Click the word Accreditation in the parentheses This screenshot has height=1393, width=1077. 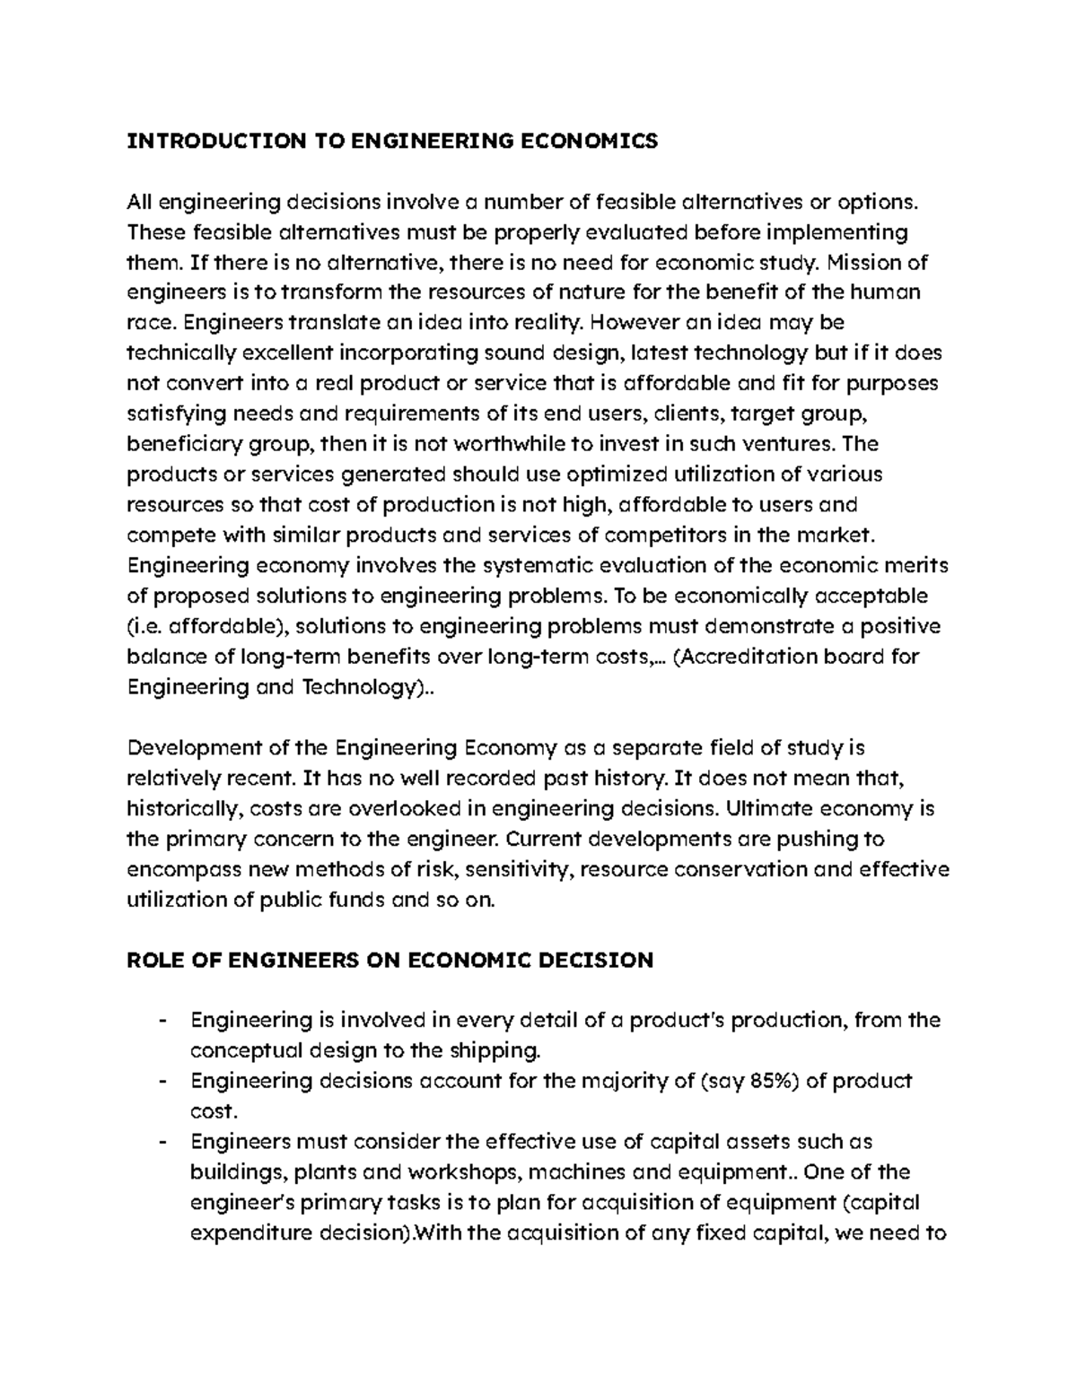(751, 657)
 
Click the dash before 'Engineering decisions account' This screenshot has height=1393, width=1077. (162, 1081)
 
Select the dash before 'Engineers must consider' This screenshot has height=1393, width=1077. (162, 1142)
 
